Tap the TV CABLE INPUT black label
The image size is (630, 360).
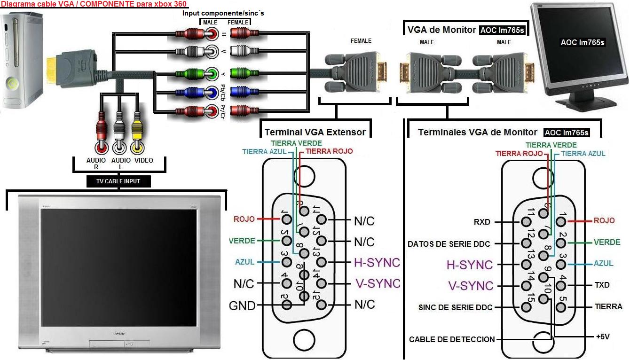[118, 181]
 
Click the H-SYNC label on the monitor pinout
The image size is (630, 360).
[469, 265]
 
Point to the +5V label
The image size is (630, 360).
[603, 337]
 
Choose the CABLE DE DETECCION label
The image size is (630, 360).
[451, 339]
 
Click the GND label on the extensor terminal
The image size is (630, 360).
[242, 306]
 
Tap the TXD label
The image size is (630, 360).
[602, 285]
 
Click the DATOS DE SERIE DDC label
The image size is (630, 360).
[449, 244]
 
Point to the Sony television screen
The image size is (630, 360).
[118, 268]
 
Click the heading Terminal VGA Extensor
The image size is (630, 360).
[315, 132]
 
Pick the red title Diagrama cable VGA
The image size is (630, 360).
[94, 4]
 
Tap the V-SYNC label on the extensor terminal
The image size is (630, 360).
[378, 283]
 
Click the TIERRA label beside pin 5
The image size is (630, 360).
[608, 306]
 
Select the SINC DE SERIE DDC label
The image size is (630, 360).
[455, 308]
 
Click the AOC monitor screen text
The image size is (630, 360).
[582, 43]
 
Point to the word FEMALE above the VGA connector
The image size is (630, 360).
[361, 41]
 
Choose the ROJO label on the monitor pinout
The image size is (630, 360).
[604, 220]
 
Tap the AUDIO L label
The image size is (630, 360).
[121, 164]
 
